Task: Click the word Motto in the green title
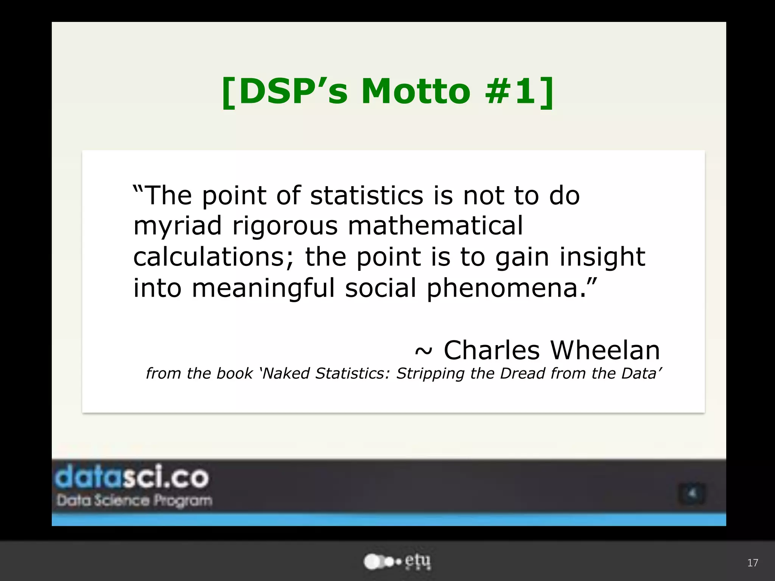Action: (416, 92)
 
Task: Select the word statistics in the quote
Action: (366, 196)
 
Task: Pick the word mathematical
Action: (435, 225)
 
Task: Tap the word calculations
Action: (213, 257)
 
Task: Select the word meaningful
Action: (263, 288)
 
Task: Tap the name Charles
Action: (491, 350)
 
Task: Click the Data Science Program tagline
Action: (134, 500)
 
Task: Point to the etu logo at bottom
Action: (397, 562)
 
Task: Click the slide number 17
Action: (752, 563)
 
